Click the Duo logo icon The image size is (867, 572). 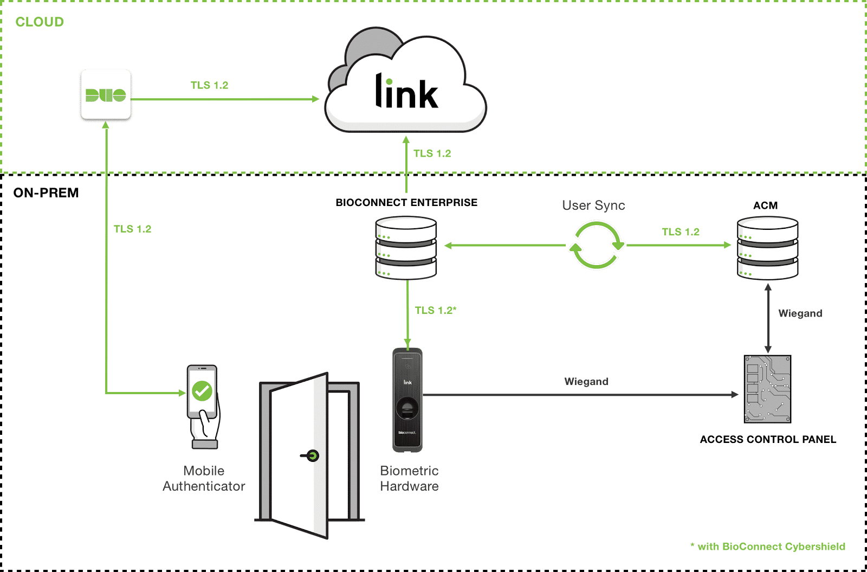pyautogui.click(x=106, y=95)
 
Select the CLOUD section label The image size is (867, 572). pyautogui.click(x=40, y=22)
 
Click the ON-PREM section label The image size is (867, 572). pyautogui.click(x=46, y=193)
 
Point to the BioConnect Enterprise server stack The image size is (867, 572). pyautogui.click(x=406, y=248)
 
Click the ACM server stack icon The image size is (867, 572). pyautogui.click(x=767, y=248)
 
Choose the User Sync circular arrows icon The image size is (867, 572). pyautogui.click(x=596, y=246)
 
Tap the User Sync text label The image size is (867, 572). pyautogui.click(x=593, y=205)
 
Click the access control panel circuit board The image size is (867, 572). pyautogui.click(x=767, y=389)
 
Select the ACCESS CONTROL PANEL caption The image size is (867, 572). pyautogui.click(x=768, y=439)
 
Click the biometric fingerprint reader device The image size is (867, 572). pyautogui.click(x=407, y=400)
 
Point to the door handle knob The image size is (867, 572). pyautogui.click(x=312, y=456)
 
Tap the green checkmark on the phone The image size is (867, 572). pyautogui.click(x=202, y=390)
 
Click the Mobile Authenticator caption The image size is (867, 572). pyautogui.click(x=204, y=478)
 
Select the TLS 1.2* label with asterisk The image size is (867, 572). pyautogui.click(x=436, y=310)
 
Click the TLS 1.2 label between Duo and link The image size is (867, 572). pyautogui.click(x=209, y=85)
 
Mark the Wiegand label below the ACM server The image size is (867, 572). pyautogui.click(x=800, y=313)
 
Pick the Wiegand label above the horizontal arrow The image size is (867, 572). pyautogui.click(x=586, y=382)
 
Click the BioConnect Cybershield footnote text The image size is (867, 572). pyautogui.click(x=768, y=547)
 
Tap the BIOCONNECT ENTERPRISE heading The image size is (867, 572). pyautogui.click(x=406, y=202)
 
